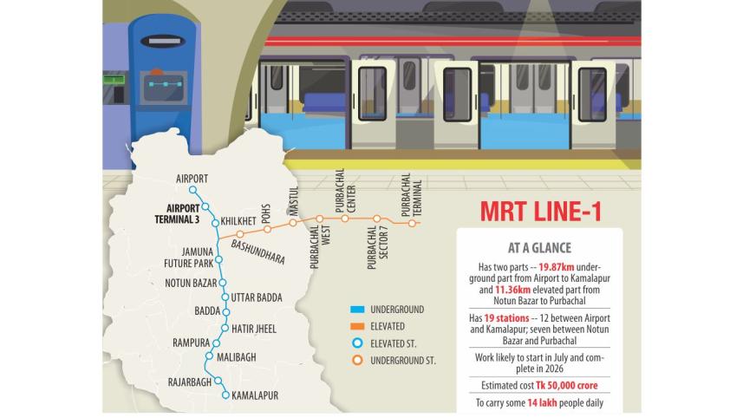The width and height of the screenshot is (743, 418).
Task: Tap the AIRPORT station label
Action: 192,179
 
